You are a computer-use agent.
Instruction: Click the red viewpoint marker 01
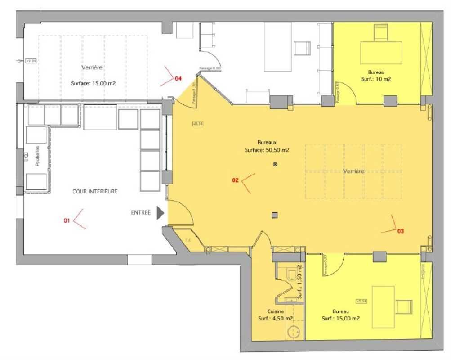point(67,220)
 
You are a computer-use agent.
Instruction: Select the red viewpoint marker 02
point(235,180)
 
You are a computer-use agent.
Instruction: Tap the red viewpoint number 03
point(401,231)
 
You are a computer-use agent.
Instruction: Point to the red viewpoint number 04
point(178,79)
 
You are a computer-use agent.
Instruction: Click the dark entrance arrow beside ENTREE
point(161,213)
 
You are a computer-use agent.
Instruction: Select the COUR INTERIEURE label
point(95,191)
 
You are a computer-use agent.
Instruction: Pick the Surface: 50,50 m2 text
point(267,150)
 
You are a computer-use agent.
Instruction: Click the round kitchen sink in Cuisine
point(294,332)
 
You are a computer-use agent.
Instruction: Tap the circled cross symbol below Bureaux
point(275,165)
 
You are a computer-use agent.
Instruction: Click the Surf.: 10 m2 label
point(376,78)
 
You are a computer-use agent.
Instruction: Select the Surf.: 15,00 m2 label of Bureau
point(340,318)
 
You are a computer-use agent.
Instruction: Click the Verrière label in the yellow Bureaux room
point(354,171)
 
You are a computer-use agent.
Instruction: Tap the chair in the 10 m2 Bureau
point(381,33)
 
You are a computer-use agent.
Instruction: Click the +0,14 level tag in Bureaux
point(197,123)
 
